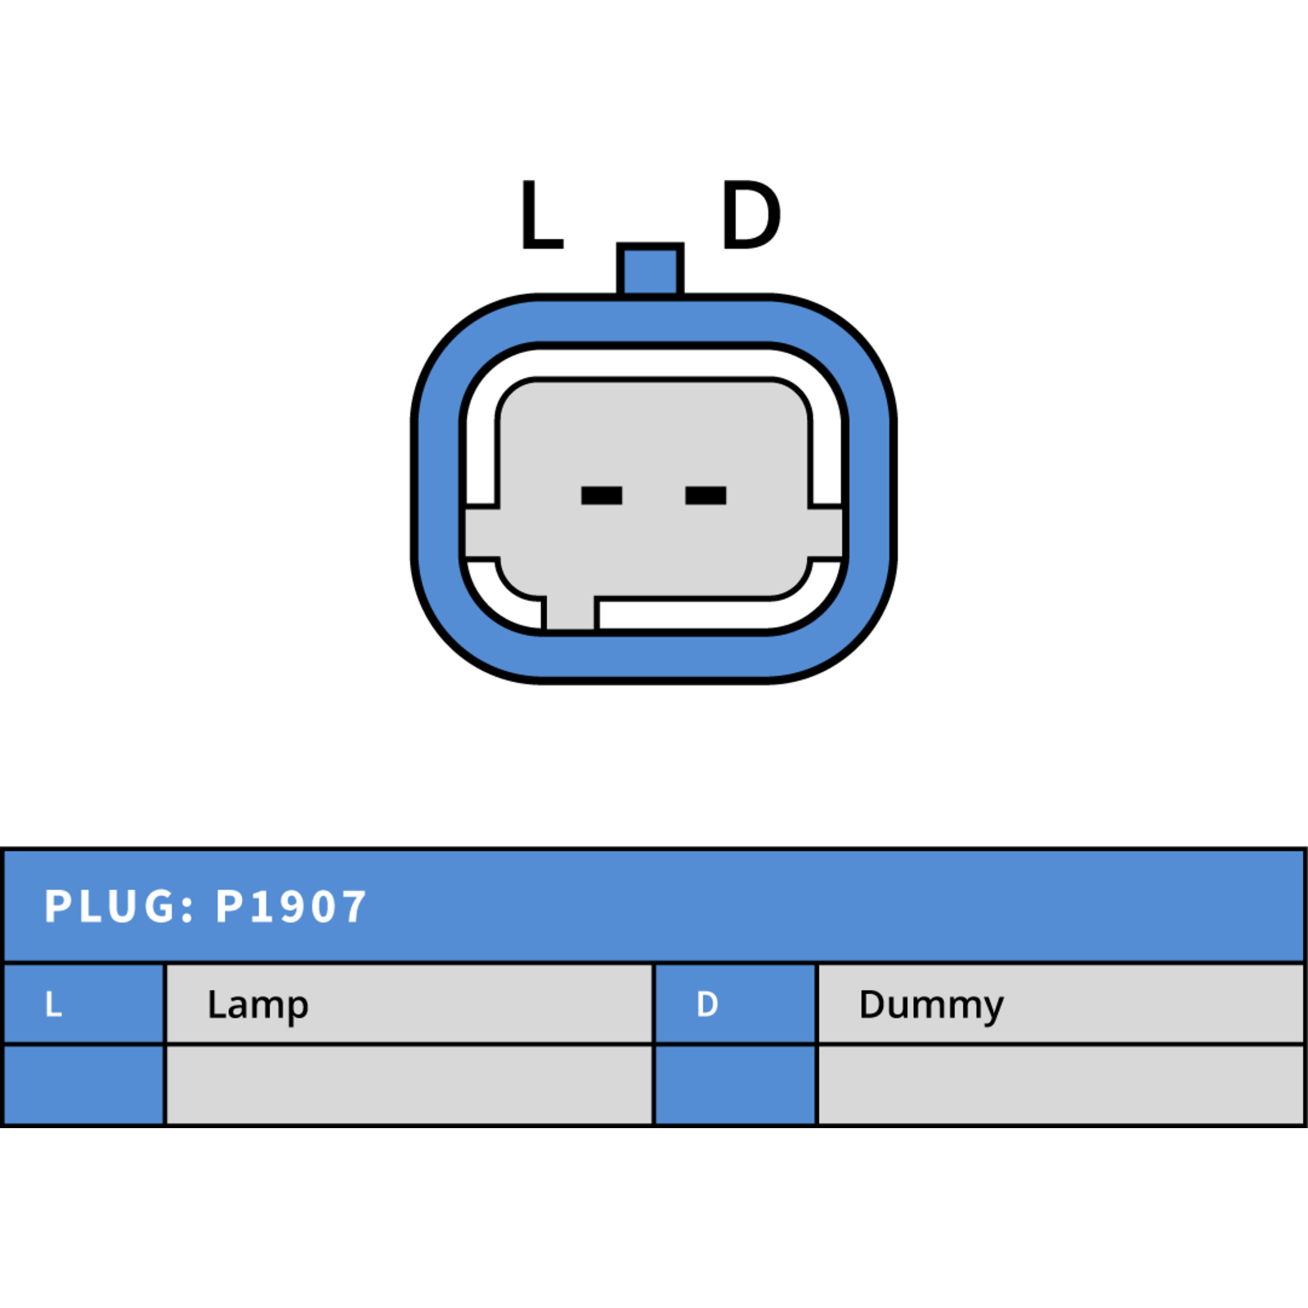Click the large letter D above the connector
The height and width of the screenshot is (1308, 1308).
tap(750, 214)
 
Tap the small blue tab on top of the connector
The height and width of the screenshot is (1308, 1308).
tap(650, 269)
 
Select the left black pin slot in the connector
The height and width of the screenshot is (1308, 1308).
tap(602, 495)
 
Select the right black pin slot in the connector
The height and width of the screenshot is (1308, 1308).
tap(706, 495)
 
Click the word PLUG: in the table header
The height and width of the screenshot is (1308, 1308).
tap(119, 907)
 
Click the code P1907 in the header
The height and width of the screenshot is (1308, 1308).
tap(290, 907)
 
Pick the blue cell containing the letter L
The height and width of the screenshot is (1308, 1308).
tap(84, 1004)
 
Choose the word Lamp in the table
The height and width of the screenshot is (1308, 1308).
tap(258, 1006)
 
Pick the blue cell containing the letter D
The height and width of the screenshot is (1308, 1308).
tap(736, 1004)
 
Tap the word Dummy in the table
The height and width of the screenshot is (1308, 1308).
tap(931, 1006)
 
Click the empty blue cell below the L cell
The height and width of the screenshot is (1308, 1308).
tap(84, 1085)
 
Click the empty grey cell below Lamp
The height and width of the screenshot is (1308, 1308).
tap(410, 1085)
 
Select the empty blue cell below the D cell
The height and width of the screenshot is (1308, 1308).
tap(736, 1085)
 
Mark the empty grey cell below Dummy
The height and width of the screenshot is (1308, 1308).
tap(1060, 1085)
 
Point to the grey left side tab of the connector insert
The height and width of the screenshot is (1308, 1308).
tap(482, 533)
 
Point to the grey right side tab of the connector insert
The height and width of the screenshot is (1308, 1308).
tap(826, 533)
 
